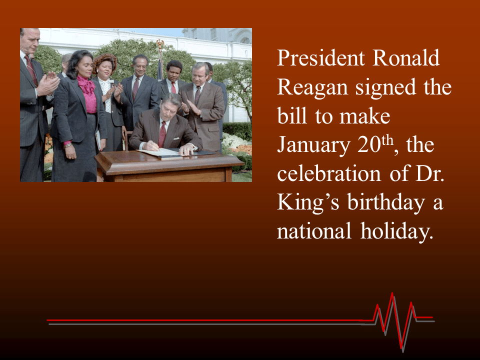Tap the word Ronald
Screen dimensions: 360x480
tap(406, 59)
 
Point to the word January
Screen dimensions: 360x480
tap(313, 145)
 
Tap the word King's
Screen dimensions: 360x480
tap(303, 204)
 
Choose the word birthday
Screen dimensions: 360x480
tap(378, 204)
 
